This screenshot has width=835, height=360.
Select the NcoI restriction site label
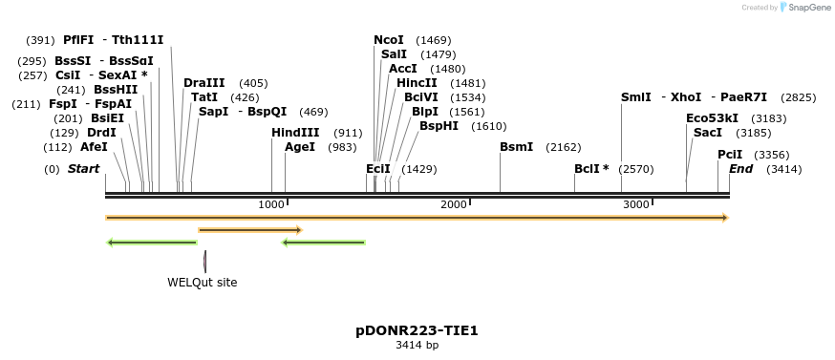tap(389, 40)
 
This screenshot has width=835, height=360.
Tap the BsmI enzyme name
tap(517, 147)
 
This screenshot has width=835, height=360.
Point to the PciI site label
tap(730, 155)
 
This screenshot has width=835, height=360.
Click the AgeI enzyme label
tap(300, 147)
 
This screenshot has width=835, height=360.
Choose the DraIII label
tap(204, 83)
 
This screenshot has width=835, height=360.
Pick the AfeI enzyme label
tap(94, 147)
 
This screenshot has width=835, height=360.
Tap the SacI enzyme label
tap(708, 133)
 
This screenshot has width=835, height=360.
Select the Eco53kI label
tap(712, 118)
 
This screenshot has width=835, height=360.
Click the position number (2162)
tap(564, 148)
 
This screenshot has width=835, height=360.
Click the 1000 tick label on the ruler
tap(271, 204)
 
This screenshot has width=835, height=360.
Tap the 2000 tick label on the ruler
tap(453, 204)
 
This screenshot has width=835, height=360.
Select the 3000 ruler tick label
tap(635, 204)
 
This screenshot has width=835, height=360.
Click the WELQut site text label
tap(203, 282)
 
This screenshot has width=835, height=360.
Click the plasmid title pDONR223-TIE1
tap(417, 330)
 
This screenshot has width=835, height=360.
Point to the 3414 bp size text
tap(417, 346)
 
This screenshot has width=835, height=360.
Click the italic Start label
tap(83, 169)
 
